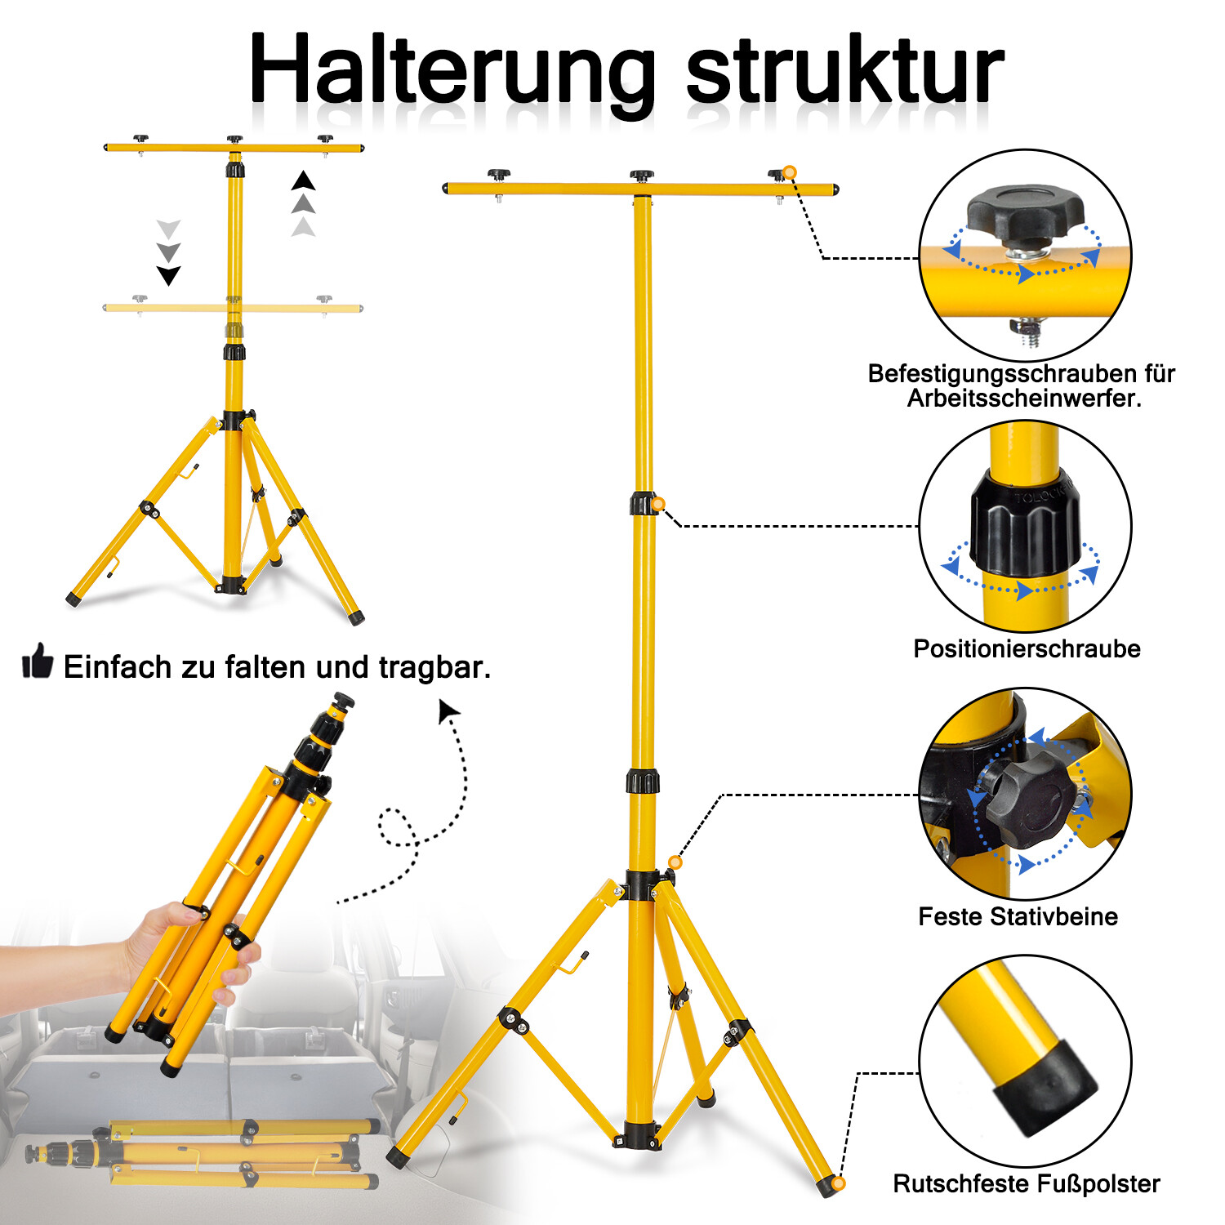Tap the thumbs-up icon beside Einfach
click(x=38, y=661)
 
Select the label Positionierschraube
click(x=1027, y=649)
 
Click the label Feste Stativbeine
click(x=1018, y=916)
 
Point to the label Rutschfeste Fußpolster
click(x=1027, y=1183)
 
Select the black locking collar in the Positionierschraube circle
click(x=1024, y=523)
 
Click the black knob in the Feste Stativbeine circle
click(x=1025, y=796)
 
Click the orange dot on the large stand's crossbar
click(x=789, y=172)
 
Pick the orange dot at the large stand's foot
click(x=838, y=1183)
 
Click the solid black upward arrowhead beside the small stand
click(x=303, y=180)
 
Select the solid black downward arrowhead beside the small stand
click(x=168, y=275)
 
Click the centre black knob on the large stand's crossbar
click(x=642, y=176)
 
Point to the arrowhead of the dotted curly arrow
click(x=448, y=710)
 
